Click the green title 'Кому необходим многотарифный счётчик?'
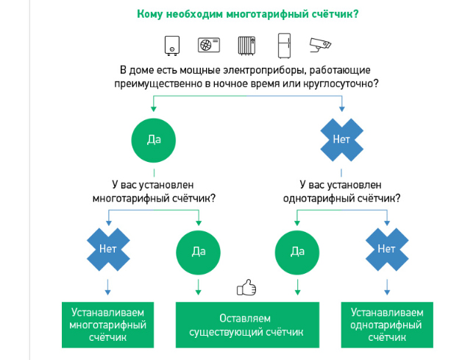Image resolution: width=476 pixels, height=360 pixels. coord(247,14)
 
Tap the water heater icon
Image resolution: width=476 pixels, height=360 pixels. coord(172,46)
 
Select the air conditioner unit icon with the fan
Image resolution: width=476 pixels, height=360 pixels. coord(209,45)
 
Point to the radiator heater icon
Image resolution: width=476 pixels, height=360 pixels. coord(246,46)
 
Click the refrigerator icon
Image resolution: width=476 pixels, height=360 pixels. coord(285,46)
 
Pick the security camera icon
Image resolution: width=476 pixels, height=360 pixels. coord(320,45)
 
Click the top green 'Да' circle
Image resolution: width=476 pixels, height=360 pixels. coord(154,141)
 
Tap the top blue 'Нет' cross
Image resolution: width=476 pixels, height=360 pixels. coord(342,140)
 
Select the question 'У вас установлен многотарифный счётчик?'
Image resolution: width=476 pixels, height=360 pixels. coord(154,191)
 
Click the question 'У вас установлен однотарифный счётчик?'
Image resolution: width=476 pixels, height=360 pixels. coord(341,191)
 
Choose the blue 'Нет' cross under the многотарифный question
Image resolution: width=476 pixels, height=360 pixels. coord(108,250)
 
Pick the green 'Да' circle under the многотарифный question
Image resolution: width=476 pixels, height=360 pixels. coord(198,253)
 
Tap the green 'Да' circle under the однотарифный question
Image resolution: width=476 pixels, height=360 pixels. coord(297,253)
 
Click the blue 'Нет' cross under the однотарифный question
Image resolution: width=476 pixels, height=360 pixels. coord(387,250)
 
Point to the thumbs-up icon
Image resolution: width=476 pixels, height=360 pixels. coord(246,287)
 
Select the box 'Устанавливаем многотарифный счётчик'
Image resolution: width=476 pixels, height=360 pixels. coord(107,325)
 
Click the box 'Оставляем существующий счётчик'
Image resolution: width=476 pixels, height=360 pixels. coord(247,325)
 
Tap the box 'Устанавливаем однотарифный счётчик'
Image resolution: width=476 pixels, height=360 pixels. coord(387,325)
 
